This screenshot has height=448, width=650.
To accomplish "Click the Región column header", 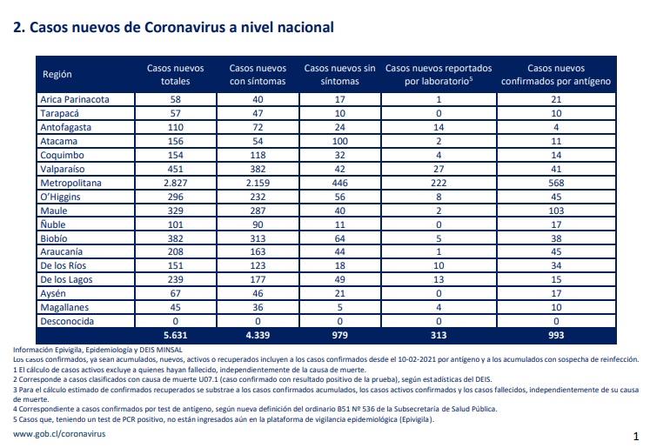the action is [57, 75].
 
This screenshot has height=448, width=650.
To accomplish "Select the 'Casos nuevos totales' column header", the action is [176, 75].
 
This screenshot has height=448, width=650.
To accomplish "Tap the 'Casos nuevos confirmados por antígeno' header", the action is [556, 75].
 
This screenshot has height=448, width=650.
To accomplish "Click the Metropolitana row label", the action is [70, 183].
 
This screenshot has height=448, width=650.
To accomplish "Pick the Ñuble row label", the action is [53, 224].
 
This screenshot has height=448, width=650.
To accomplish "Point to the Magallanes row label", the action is [64, 307].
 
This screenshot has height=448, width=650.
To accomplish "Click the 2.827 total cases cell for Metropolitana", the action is [176, 183].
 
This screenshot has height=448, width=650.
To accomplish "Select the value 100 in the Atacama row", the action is [340, 141].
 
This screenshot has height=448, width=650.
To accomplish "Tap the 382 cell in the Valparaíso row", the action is [258, 169].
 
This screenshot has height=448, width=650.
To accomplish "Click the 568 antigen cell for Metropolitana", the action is [556, 183].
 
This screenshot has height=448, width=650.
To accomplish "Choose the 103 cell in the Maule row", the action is [556, 211].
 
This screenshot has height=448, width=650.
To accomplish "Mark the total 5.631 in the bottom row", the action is [176, 335].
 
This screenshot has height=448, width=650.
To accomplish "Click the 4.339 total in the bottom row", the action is [258, 335].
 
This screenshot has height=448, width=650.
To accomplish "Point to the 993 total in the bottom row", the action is [556, 335].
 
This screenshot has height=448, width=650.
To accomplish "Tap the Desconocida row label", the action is [67, 321].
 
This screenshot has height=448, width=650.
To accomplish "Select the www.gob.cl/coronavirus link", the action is [59, 434].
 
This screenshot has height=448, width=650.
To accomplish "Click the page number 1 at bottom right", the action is [636, 436].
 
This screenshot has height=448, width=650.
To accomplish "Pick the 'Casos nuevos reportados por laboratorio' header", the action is [439, 75].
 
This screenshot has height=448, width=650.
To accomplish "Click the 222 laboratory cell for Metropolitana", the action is [439, 183].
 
